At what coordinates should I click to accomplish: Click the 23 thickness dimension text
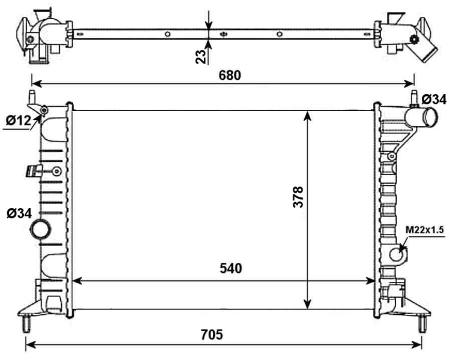click(202, 56)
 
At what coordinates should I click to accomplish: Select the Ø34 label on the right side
click(433, 98)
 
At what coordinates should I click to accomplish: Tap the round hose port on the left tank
click(41, 230)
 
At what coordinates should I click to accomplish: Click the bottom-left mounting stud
click(26, 322)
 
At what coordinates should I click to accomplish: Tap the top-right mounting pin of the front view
click(413, 96)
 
